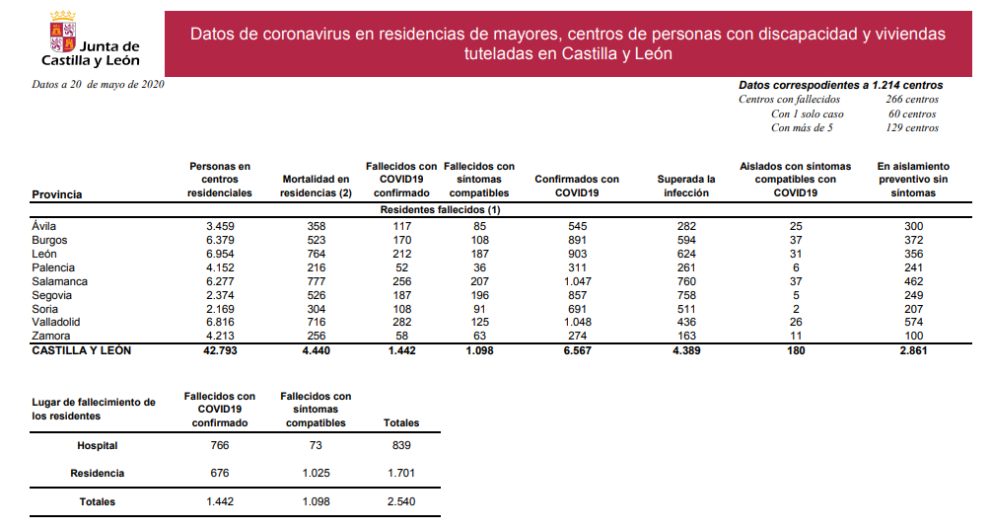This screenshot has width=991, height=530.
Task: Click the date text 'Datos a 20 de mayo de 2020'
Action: tap(98, 85)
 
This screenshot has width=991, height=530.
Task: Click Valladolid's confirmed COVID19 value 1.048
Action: tap(577, 322)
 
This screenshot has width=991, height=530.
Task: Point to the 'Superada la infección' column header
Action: tap(685, 186)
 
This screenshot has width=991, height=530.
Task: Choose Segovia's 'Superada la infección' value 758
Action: tap(685, 295)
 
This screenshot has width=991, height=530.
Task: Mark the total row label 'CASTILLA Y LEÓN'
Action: tap(81, 350)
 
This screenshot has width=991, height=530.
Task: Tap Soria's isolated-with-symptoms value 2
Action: tap(795, 308)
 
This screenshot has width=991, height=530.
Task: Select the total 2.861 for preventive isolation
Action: tap(913, 350)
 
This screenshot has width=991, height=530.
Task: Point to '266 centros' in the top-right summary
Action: tap(912, 99)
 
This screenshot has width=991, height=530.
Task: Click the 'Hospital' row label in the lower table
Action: tap(97, 446)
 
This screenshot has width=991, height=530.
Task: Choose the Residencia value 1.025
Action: tap(315, 474)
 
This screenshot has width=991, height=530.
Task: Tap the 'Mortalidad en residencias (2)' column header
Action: tap(316, 186)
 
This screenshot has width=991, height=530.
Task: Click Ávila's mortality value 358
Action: tap(316, 226)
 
